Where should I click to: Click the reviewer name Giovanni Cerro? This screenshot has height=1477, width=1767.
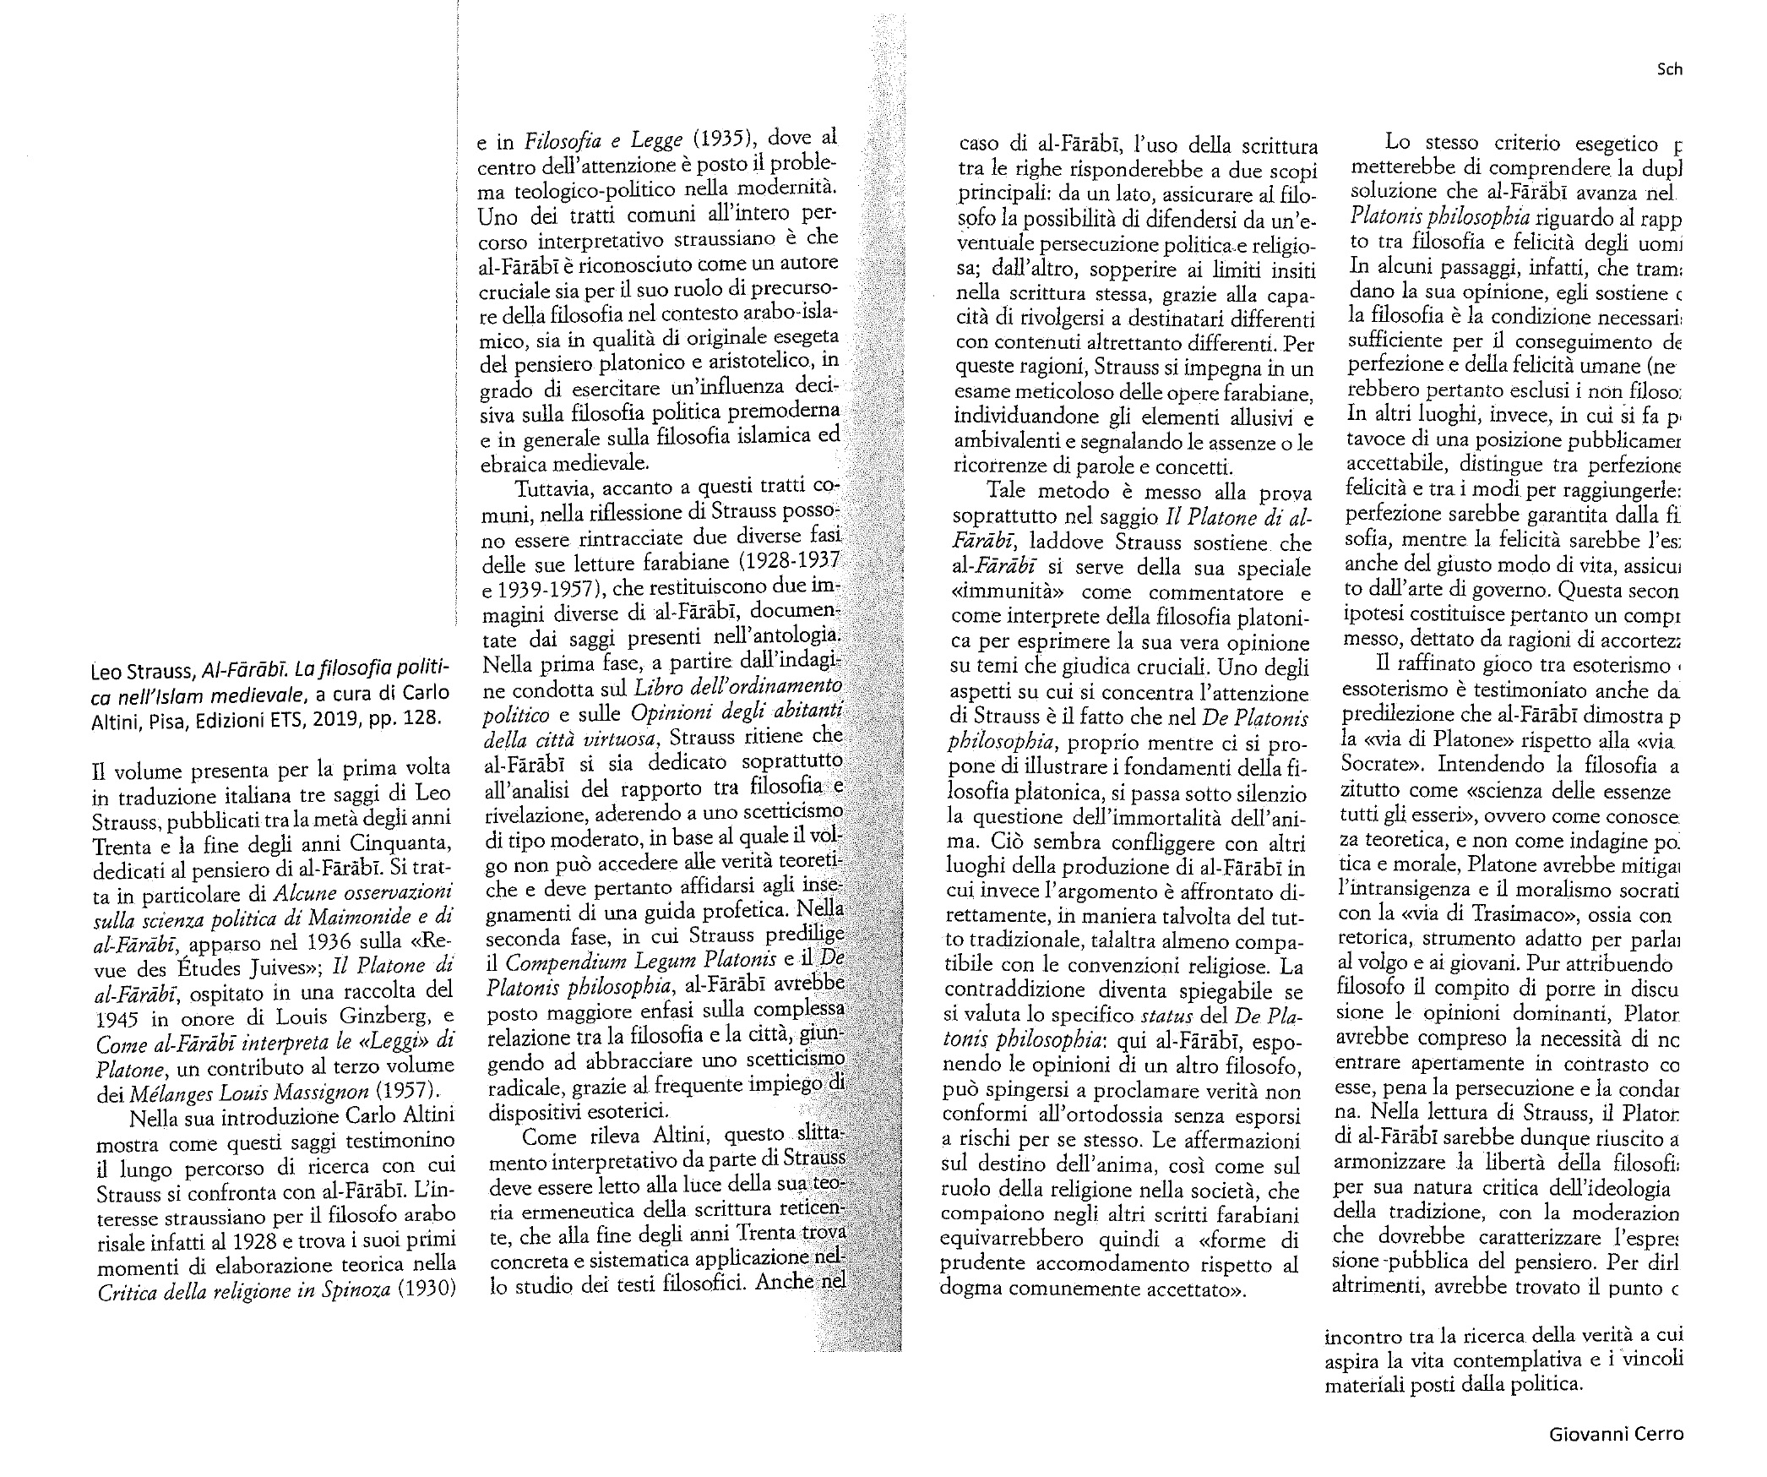[x=1616, y=1434]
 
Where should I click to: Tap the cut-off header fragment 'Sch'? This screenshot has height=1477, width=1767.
[x=1670, y=69]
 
